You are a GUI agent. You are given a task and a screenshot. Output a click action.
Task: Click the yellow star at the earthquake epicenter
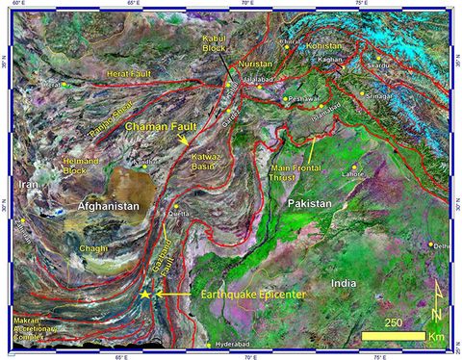point(145,293)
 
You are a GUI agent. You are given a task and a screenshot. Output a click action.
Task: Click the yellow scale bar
point(393,337)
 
